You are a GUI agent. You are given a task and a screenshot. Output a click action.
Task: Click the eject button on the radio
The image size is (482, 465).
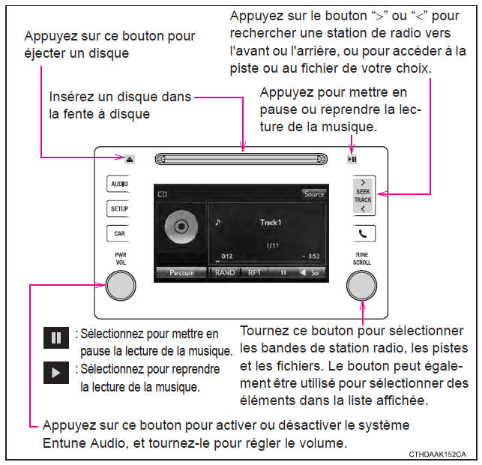pos(130,159)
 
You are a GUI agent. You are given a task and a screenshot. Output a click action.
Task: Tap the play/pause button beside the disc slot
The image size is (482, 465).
pos(352,159)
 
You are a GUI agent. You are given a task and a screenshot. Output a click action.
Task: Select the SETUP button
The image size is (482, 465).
pos(119,208)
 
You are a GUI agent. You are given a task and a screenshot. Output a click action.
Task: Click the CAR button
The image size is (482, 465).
pos(119,234)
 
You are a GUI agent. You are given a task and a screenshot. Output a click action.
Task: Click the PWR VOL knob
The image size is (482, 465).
pos(121,286)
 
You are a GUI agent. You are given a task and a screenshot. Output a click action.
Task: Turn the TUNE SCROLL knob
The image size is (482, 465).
pos(361,286)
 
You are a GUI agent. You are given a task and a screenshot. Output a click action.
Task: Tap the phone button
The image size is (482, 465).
pos(363,234)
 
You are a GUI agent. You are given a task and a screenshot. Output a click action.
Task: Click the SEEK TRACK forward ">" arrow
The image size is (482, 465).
pos(363,182)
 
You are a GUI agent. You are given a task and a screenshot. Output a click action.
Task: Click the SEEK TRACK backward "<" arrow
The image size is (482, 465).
pos(363,208)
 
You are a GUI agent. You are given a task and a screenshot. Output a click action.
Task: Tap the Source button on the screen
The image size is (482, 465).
pos(314,194)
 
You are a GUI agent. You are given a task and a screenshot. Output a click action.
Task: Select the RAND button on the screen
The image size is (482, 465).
pos(225,272)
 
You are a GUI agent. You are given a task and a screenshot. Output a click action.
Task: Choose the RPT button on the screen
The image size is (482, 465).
pos(254,272)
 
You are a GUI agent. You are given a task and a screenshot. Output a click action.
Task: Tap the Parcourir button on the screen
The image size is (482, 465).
pos(181,272)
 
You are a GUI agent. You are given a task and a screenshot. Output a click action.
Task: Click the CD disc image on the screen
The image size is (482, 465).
pos(181,226)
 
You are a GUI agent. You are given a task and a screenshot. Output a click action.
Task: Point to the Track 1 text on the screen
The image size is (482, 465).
pos(271,222)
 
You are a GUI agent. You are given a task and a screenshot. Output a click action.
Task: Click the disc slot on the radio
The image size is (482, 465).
pos(241,159)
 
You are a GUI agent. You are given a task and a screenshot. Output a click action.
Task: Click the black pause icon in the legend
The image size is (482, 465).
pos(56,337)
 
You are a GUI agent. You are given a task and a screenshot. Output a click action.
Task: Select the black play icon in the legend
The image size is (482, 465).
pos(56,373)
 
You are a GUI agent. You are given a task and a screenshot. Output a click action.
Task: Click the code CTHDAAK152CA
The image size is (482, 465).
pos(438,454)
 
